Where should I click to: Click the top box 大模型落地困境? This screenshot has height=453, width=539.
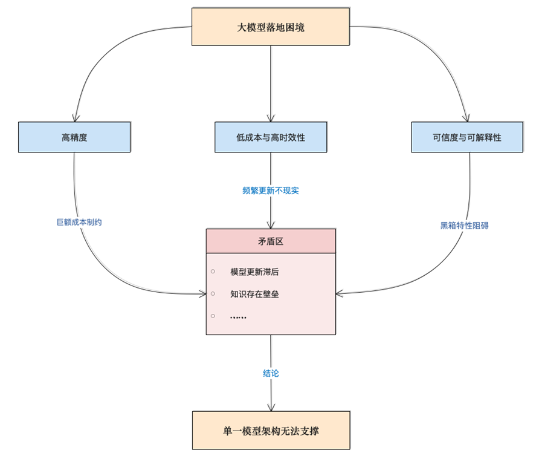(x=270, y=27)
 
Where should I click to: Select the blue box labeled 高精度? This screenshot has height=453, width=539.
(x=74, y=137)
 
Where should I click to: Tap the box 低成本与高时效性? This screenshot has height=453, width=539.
(x=270, y=137)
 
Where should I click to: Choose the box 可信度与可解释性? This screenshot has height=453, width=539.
(x=466, y=137)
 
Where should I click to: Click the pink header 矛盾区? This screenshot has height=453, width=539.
(x=270, y=241)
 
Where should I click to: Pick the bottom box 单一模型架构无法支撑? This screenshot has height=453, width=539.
(x=271, y=431)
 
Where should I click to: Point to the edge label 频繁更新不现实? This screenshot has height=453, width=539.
(x=270, y=191)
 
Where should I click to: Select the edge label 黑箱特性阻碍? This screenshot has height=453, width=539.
(x=464, y=226)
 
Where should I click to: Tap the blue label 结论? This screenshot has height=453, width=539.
(x=271, y=373)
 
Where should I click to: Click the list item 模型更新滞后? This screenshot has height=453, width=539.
(x=254, y=272)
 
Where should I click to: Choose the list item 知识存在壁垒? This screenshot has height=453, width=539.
(x=254, y=294)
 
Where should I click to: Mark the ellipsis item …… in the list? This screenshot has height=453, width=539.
(x=238, y=316)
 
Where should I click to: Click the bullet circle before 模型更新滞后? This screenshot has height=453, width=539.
(x=213, y=272)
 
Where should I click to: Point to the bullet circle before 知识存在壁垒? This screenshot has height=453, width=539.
(x=213, y=293)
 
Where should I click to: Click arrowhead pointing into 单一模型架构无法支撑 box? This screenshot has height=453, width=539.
(x=271, y=407)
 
